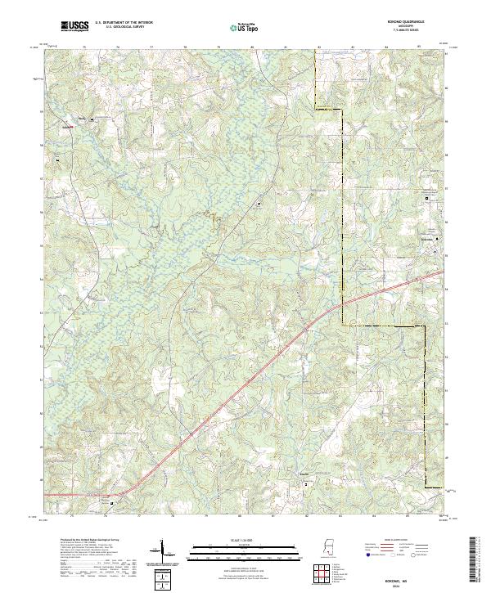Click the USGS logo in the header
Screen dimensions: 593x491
pos(74,27)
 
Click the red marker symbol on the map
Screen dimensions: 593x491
pos(70,127)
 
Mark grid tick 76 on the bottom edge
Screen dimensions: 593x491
pos(117,517)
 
